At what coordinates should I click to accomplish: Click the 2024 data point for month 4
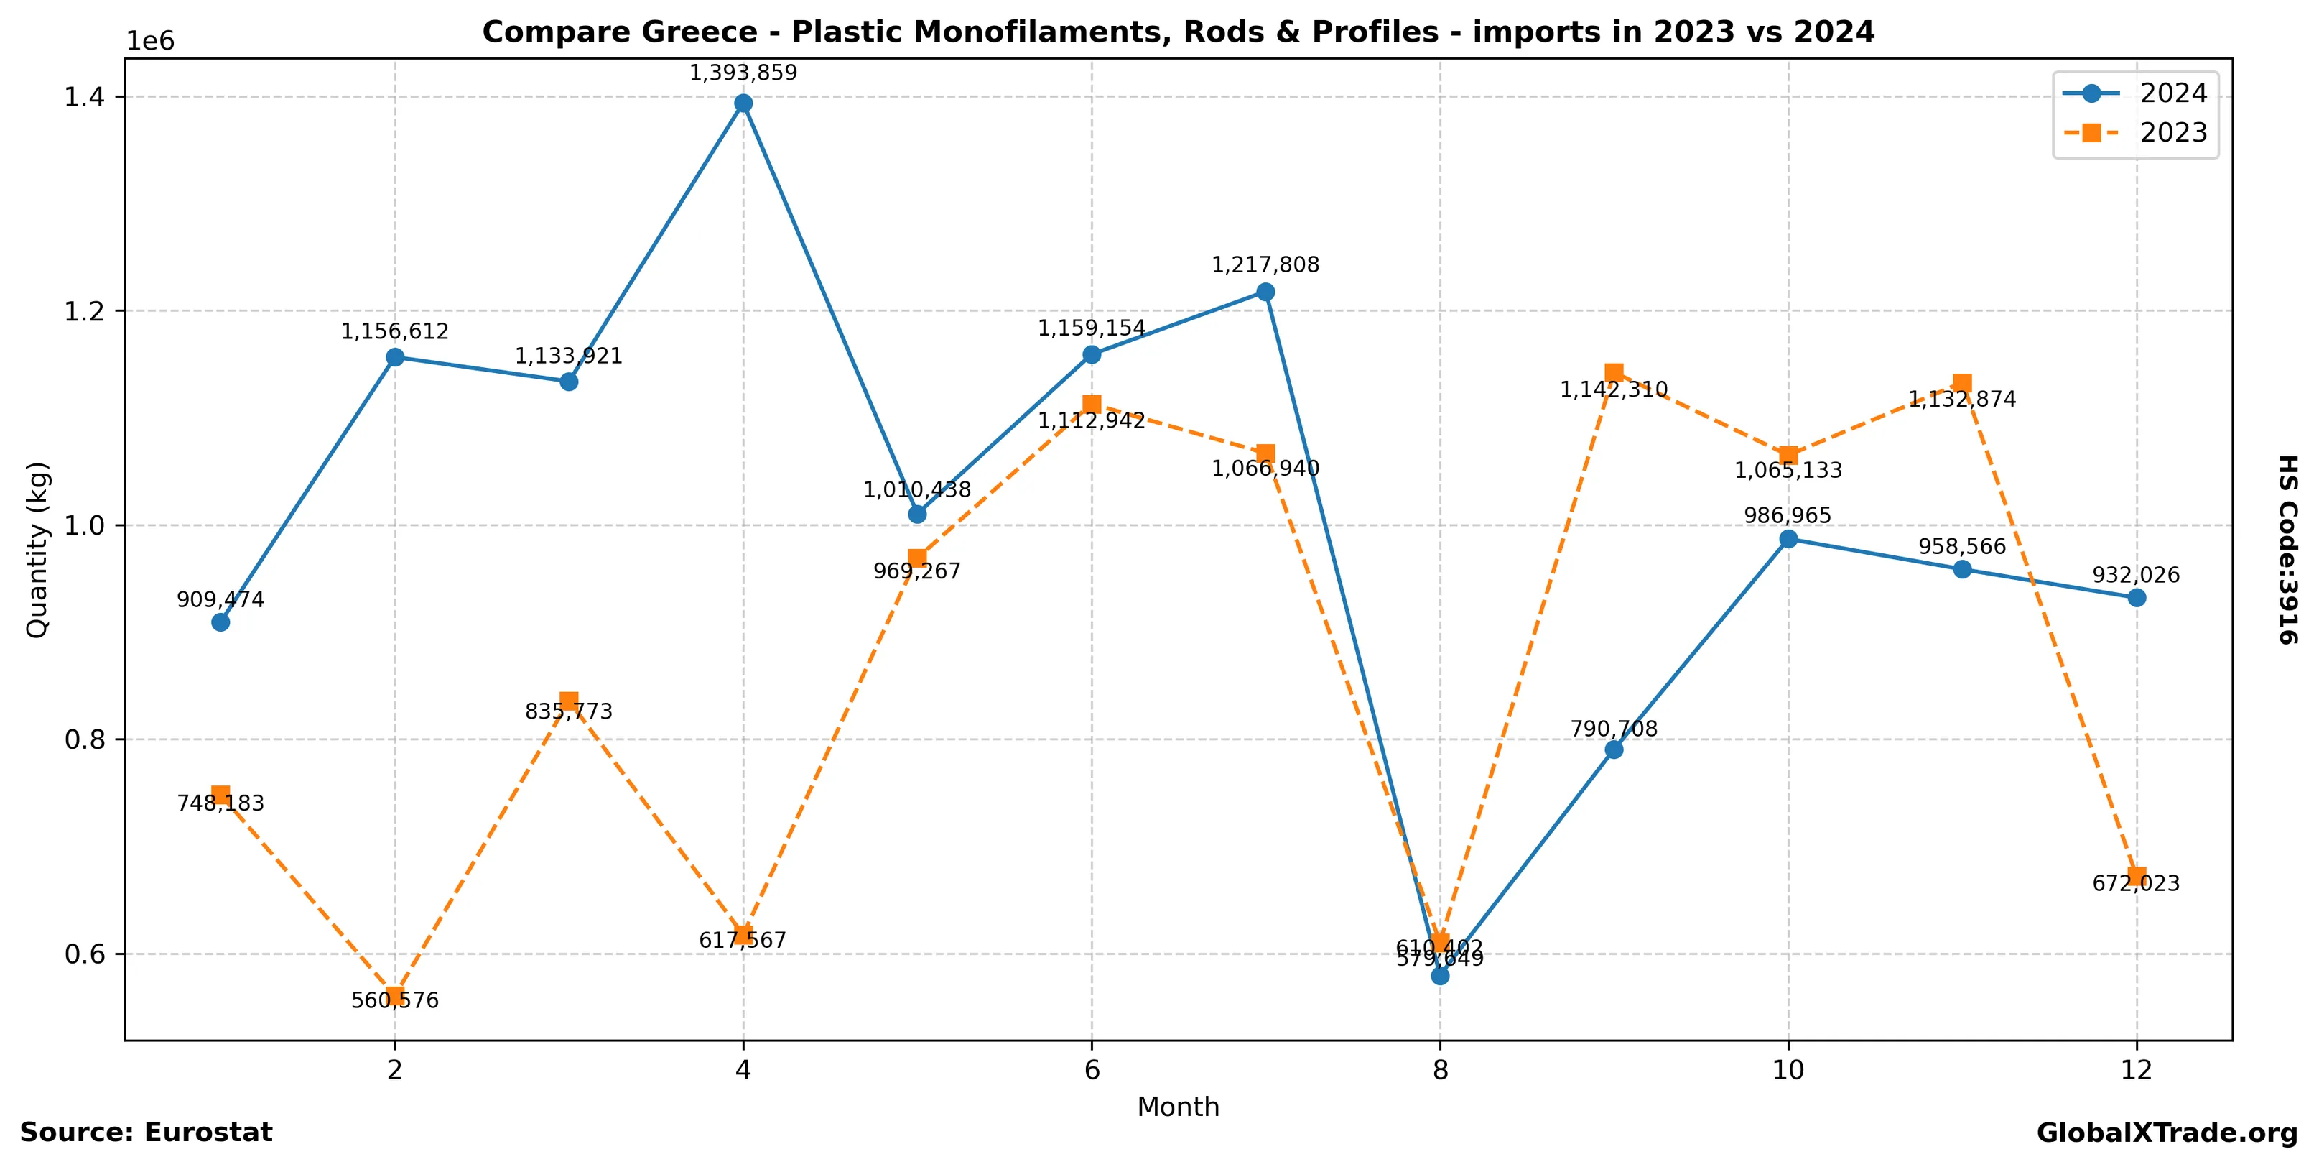(x=743, y=103)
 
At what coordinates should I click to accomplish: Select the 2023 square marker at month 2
(x=394, y=995)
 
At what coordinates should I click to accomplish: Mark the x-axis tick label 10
(x=1788, y=1071)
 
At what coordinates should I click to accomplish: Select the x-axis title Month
(x=1178, y=1107)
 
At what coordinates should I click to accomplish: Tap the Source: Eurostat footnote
(x=146, y=1133)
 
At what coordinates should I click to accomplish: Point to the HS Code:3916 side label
(x=2287, y=549)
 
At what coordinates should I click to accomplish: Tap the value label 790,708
(x=1613, y=729)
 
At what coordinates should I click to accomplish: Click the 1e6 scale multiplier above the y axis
(x=150, y=42)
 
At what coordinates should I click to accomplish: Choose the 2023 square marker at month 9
(x=1613, y=372)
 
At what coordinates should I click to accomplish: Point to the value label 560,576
(x=394, y=1001)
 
